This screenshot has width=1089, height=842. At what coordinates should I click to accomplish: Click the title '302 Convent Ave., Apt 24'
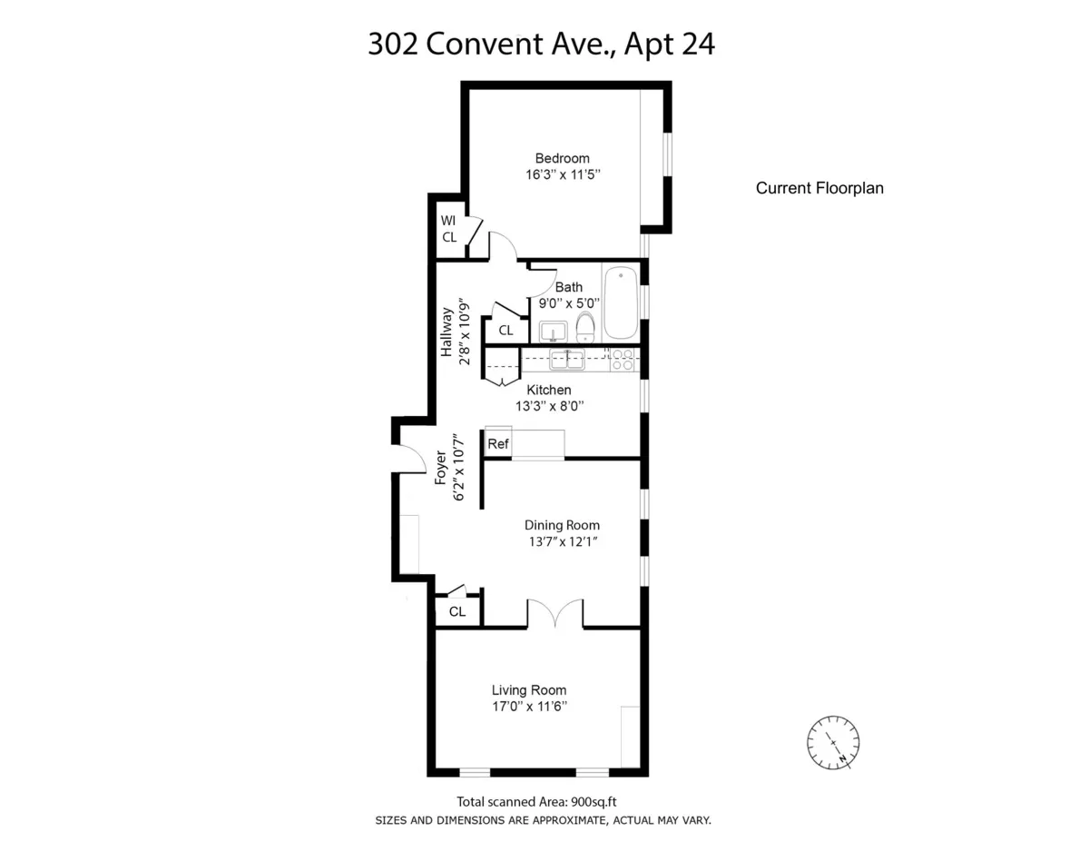[541, 44]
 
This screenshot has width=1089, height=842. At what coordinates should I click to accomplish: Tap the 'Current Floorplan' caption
[819, 189]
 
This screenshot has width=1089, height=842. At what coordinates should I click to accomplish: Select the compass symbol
[833, 741]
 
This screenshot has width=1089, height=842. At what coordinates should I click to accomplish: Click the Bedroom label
[562, 158]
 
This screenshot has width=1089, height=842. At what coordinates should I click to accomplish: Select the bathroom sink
[553, 329]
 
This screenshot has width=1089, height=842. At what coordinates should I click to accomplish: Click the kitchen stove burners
[622, 360]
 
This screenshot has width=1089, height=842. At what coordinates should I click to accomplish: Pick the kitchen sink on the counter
[568, 360]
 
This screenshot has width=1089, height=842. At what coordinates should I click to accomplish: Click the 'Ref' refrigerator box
[498, 444]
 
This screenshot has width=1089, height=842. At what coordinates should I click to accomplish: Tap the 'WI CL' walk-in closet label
[448, 229]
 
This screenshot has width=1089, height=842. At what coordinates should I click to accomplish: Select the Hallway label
[446, 332]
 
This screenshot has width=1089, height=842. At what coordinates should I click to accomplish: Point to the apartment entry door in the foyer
[411, 459]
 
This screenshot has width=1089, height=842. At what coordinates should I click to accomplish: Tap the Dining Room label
[562, 525]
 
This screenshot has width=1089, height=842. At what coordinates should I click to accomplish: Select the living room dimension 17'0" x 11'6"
[529, 707]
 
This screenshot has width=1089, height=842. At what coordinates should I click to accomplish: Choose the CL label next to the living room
[457, 612]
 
